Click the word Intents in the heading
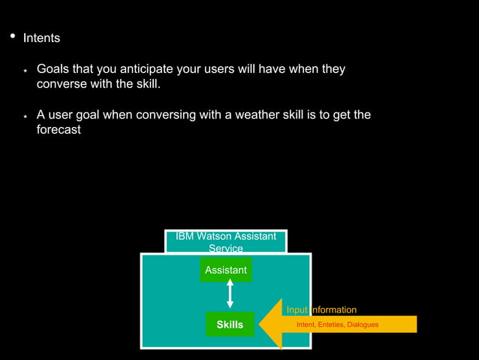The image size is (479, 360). tap(41, 38)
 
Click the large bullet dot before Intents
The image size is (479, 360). tap(11, 36)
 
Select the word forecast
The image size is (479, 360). tap(59, 129)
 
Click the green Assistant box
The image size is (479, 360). tap(226, 270)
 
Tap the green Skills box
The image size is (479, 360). tap(230, 325)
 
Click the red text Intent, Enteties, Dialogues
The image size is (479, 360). tap(337, 325)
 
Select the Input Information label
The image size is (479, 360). tap(321, 310)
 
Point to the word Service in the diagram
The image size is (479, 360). tap(225, 248)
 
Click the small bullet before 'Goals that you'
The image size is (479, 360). tap(25, 70)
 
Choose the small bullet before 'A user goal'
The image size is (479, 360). tap(25, 116)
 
